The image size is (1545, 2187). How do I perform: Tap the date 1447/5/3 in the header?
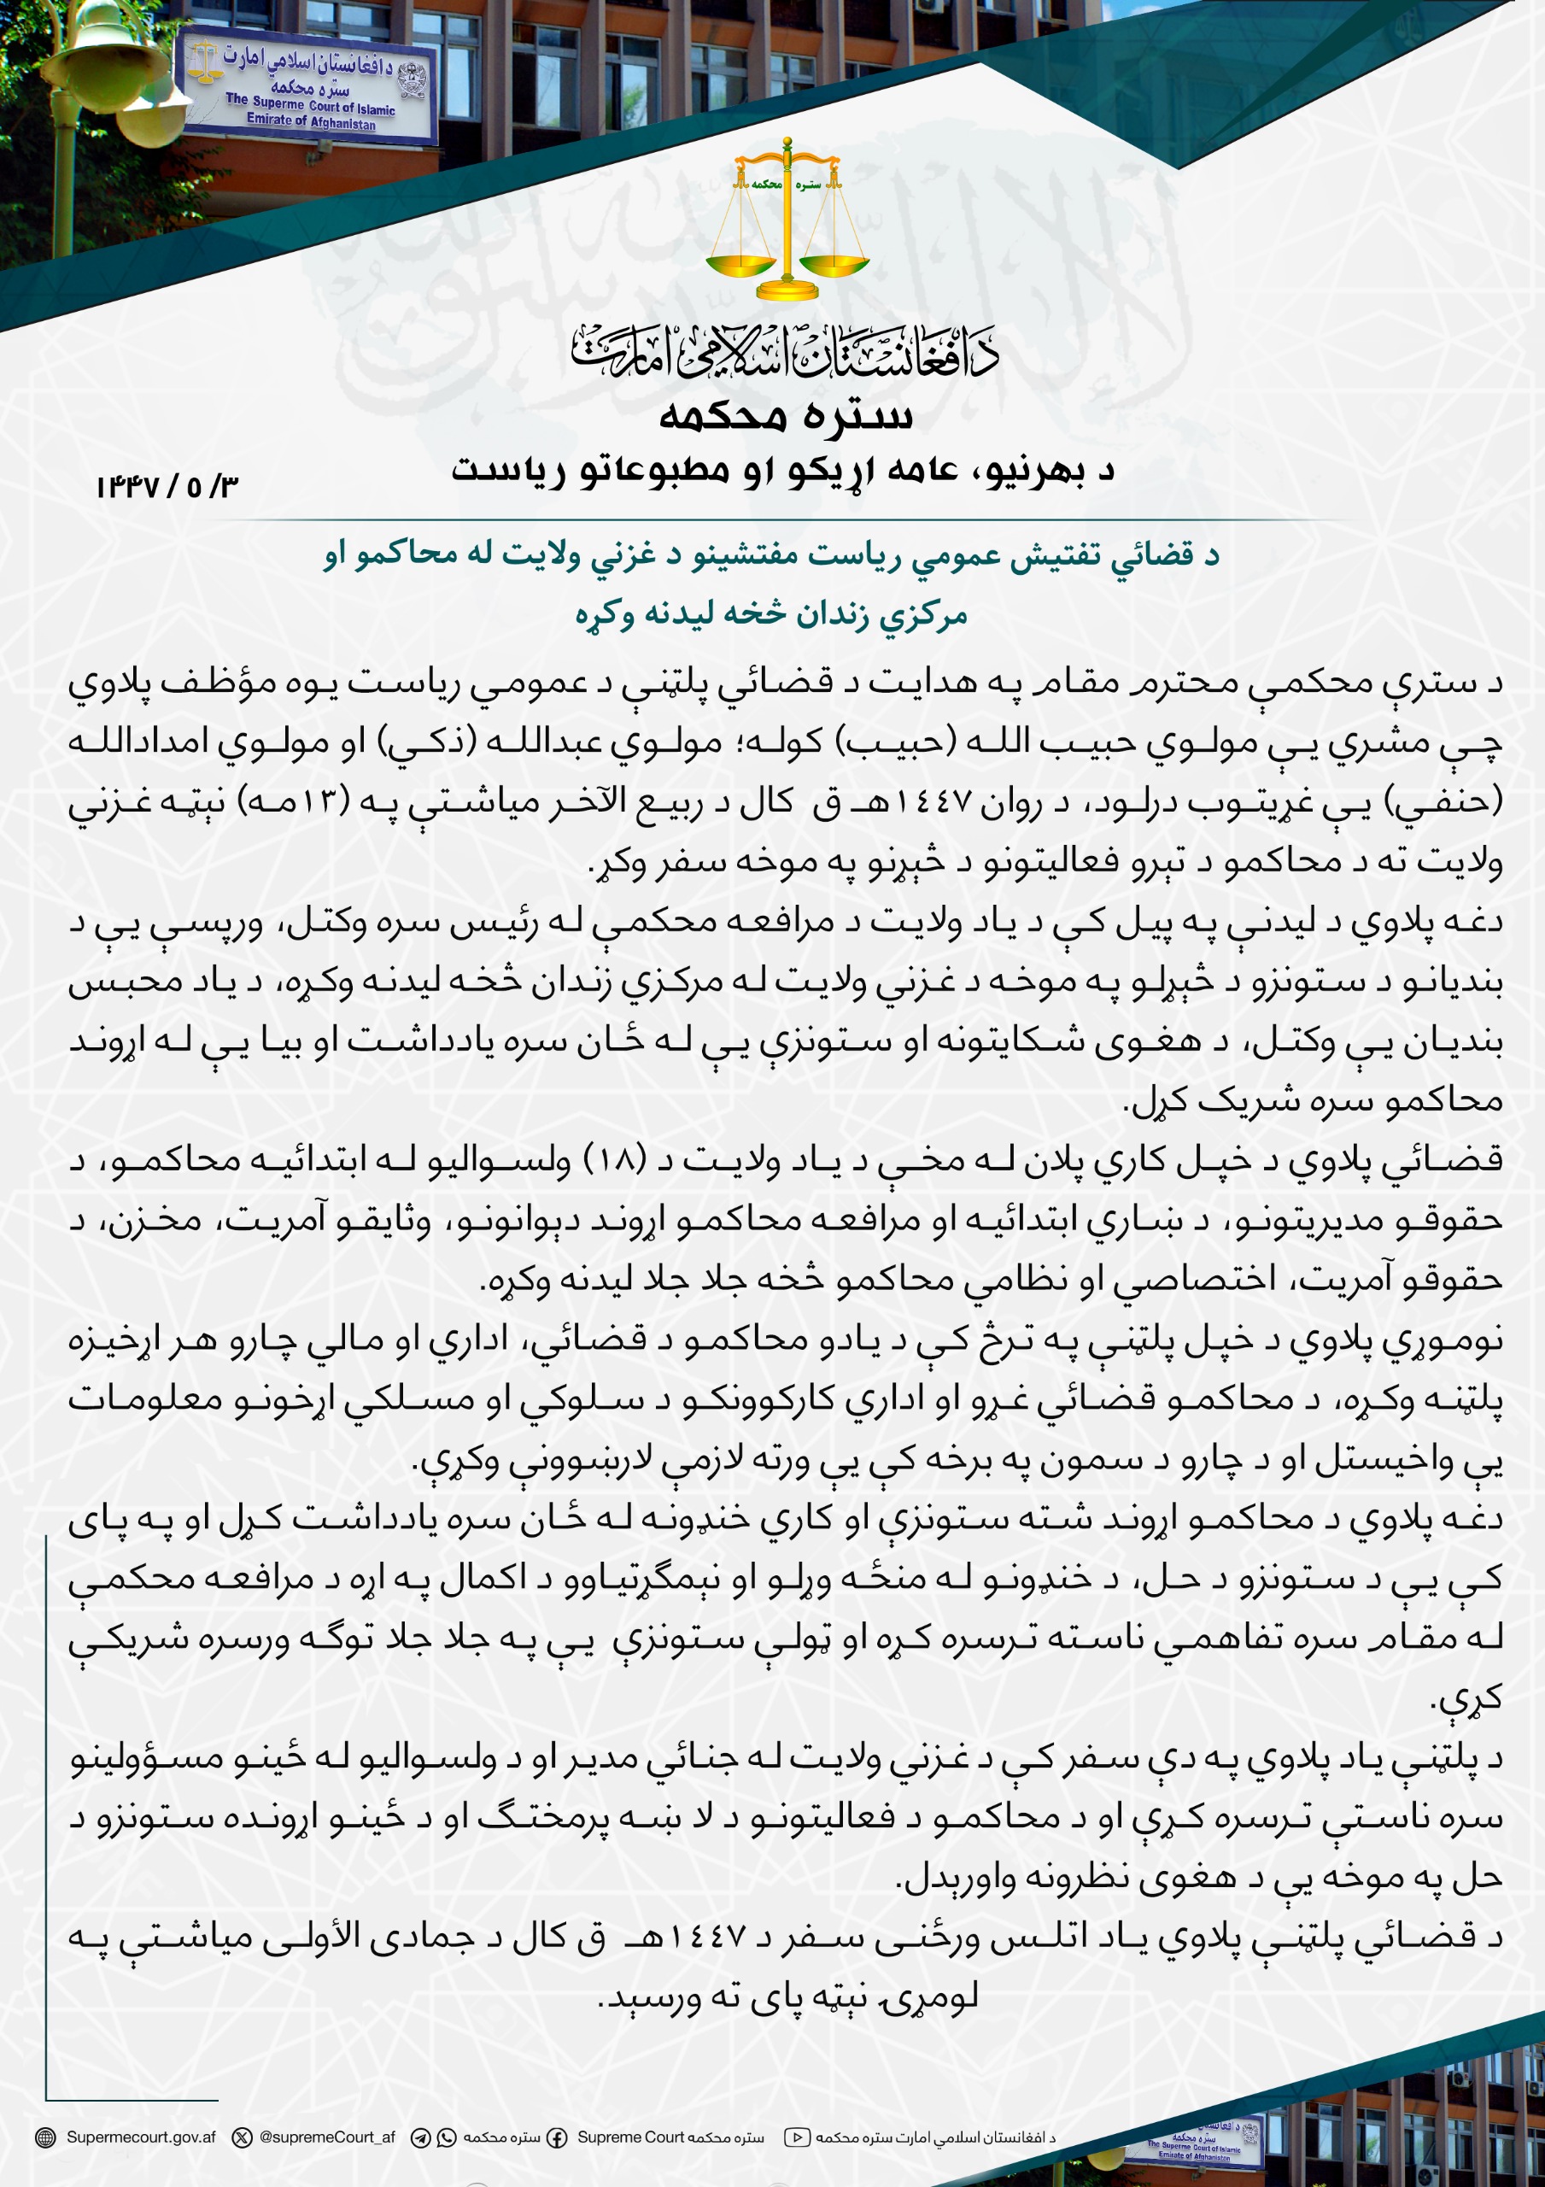167,487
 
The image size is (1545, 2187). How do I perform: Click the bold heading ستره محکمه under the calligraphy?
786,416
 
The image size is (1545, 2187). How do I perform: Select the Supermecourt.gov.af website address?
141,2137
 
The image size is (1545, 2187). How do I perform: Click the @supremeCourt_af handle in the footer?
327,2137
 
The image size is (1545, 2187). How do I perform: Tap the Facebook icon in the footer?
555,2137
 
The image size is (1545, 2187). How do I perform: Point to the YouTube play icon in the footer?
797,2137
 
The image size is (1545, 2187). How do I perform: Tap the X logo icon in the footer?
244,2137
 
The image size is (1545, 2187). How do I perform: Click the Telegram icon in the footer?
420,2137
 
